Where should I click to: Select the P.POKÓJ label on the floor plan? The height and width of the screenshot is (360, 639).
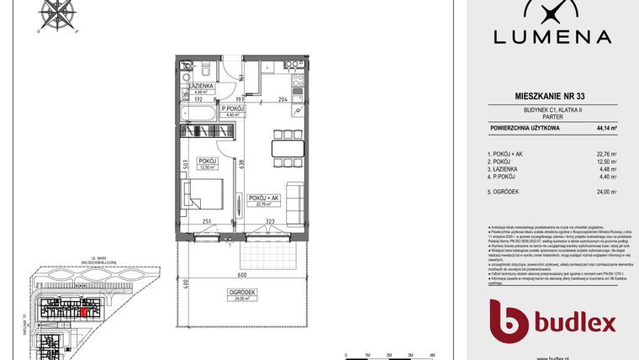point(232,109)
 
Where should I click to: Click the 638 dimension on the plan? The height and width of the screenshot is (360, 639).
point(242,164)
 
